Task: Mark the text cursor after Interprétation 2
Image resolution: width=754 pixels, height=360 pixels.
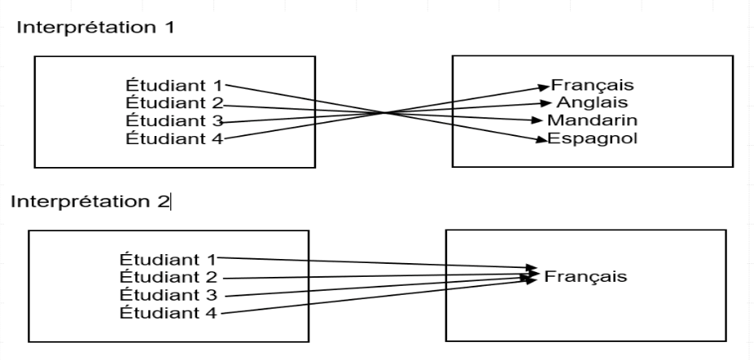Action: [171, 201]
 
